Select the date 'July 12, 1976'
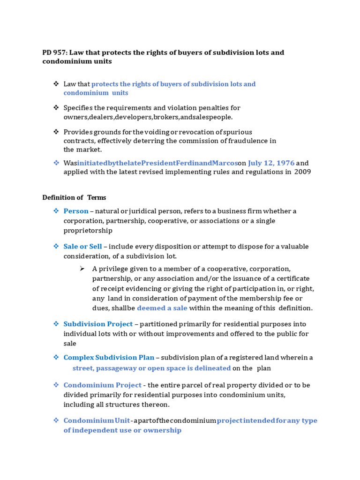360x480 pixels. pyautogui.click(x=271, y=163)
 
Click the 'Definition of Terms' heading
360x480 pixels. pyautogui.click(x=74, y=197)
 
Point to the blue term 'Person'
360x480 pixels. pyautogui.click(x=76, y=211)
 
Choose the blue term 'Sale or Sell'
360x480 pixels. pyautogui.click(x=82, y=247)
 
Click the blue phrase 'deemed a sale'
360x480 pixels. pyautogui.click(x=162, y=308)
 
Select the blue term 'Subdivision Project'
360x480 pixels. pyautogui.click(x=98, y=324)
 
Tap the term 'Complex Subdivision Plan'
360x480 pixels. pyautogui.click(x=109, y=358)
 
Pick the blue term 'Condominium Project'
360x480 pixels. pyautogui.click(x=102, y=385)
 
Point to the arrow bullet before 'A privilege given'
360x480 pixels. pyautogui.click(x=82, y=269)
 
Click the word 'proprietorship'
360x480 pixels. pyautogui.click(x=88, y=231)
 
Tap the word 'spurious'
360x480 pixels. pyautogui.click(x=239, y=132)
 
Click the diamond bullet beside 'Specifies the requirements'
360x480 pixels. pyautogui.click(x=56, y=108)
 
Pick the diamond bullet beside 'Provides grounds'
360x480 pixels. pyautogui.click(x=56, y=132)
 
